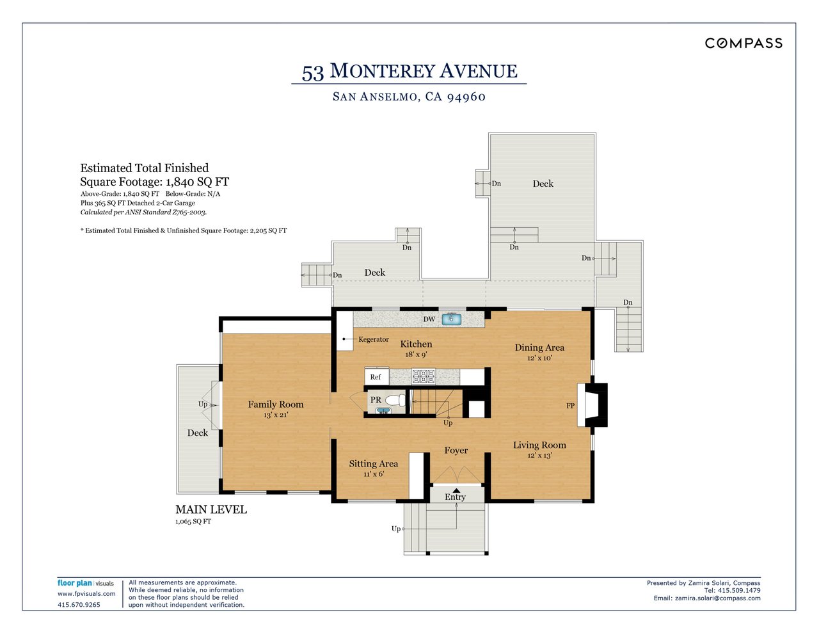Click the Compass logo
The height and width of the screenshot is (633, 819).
743,43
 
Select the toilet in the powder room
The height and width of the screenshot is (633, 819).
395,401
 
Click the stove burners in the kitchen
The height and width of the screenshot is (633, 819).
423,376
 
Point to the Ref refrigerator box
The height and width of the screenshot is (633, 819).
376,377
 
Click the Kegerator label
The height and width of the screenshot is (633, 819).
373,339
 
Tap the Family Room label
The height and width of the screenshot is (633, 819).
276,405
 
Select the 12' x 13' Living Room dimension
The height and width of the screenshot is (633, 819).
539,456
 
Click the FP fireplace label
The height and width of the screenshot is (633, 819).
570,406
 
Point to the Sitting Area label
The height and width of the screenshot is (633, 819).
373,464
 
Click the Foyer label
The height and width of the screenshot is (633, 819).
456,451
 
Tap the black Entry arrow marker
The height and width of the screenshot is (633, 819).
456,490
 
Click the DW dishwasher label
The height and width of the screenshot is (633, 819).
429,319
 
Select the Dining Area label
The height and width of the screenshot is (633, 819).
539,348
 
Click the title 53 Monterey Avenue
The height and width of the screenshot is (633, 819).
409,71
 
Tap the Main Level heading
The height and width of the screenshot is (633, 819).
211,509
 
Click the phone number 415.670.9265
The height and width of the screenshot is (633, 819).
79,605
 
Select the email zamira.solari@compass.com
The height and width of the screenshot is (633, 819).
707,598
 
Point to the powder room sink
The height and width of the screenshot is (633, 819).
383,410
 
